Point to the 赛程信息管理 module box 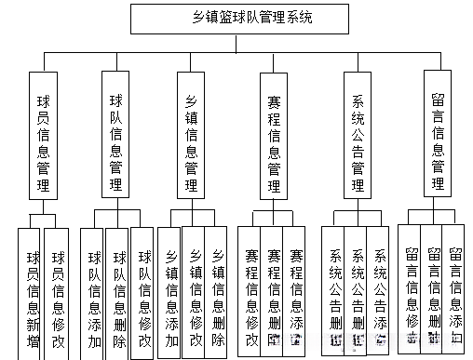pyautogui.click(x=273, y=137)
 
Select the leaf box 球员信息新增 pyautogui.click(x=33, y=292)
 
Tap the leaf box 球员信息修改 pyautogui.click(x=58, y=292)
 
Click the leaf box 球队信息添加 pyautogui.click(x=93, y=292)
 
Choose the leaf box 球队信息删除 pyautogui.click(x=118, y=292)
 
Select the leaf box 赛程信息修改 pyautogui.click(x=250, y=290)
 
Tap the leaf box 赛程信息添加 pyautogui.click(x=295, y=290)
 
